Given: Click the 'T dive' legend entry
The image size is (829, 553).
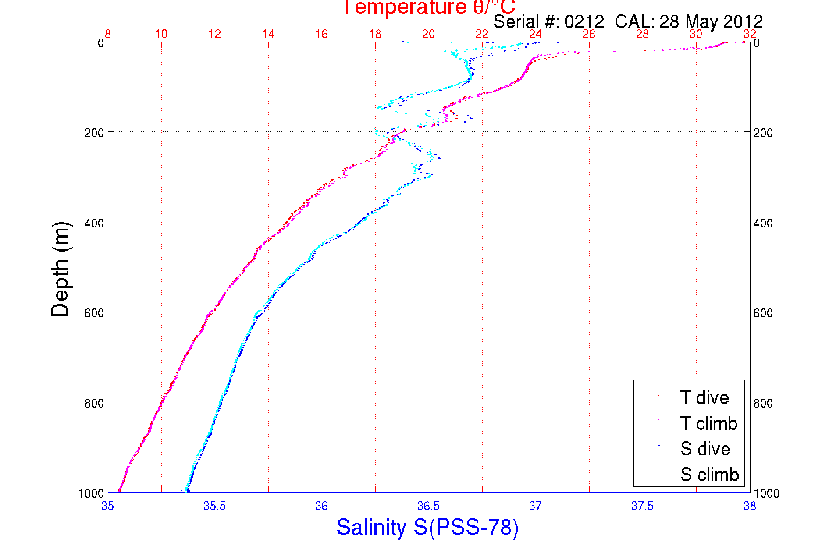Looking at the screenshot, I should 704,397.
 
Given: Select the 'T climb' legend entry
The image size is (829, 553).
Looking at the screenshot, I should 708,423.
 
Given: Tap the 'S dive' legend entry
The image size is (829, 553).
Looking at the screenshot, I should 705,449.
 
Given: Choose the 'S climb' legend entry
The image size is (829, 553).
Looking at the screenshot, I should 709,475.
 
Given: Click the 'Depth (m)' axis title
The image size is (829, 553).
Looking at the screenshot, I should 60,269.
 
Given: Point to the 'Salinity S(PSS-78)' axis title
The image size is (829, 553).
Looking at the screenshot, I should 427,527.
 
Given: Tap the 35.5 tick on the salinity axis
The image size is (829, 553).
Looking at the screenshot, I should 214,506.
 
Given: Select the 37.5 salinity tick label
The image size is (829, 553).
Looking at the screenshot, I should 642,506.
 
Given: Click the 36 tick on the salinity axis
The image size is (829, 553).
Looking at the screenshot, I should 321,506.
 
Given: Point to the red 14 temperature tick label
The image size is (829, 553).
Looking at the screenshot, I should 268,34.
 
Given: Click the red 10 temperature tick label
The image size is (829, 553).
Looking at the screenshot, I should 161,34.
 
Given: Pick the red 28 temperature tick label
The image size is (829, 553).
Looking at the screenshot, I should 642,34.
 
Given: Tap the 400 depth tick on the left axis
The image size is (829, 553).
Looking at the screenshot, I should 94,223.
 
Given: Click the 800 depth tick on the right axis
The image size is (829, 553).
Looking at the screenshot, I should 763,403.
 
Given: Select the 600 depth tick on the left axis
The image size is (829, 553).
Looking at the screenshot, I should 94,313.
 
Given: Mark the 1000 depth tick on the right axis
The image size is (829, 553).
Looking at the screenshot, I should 766,494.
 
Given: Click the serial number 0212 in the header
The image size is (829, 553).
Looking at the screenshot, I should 584,21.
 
